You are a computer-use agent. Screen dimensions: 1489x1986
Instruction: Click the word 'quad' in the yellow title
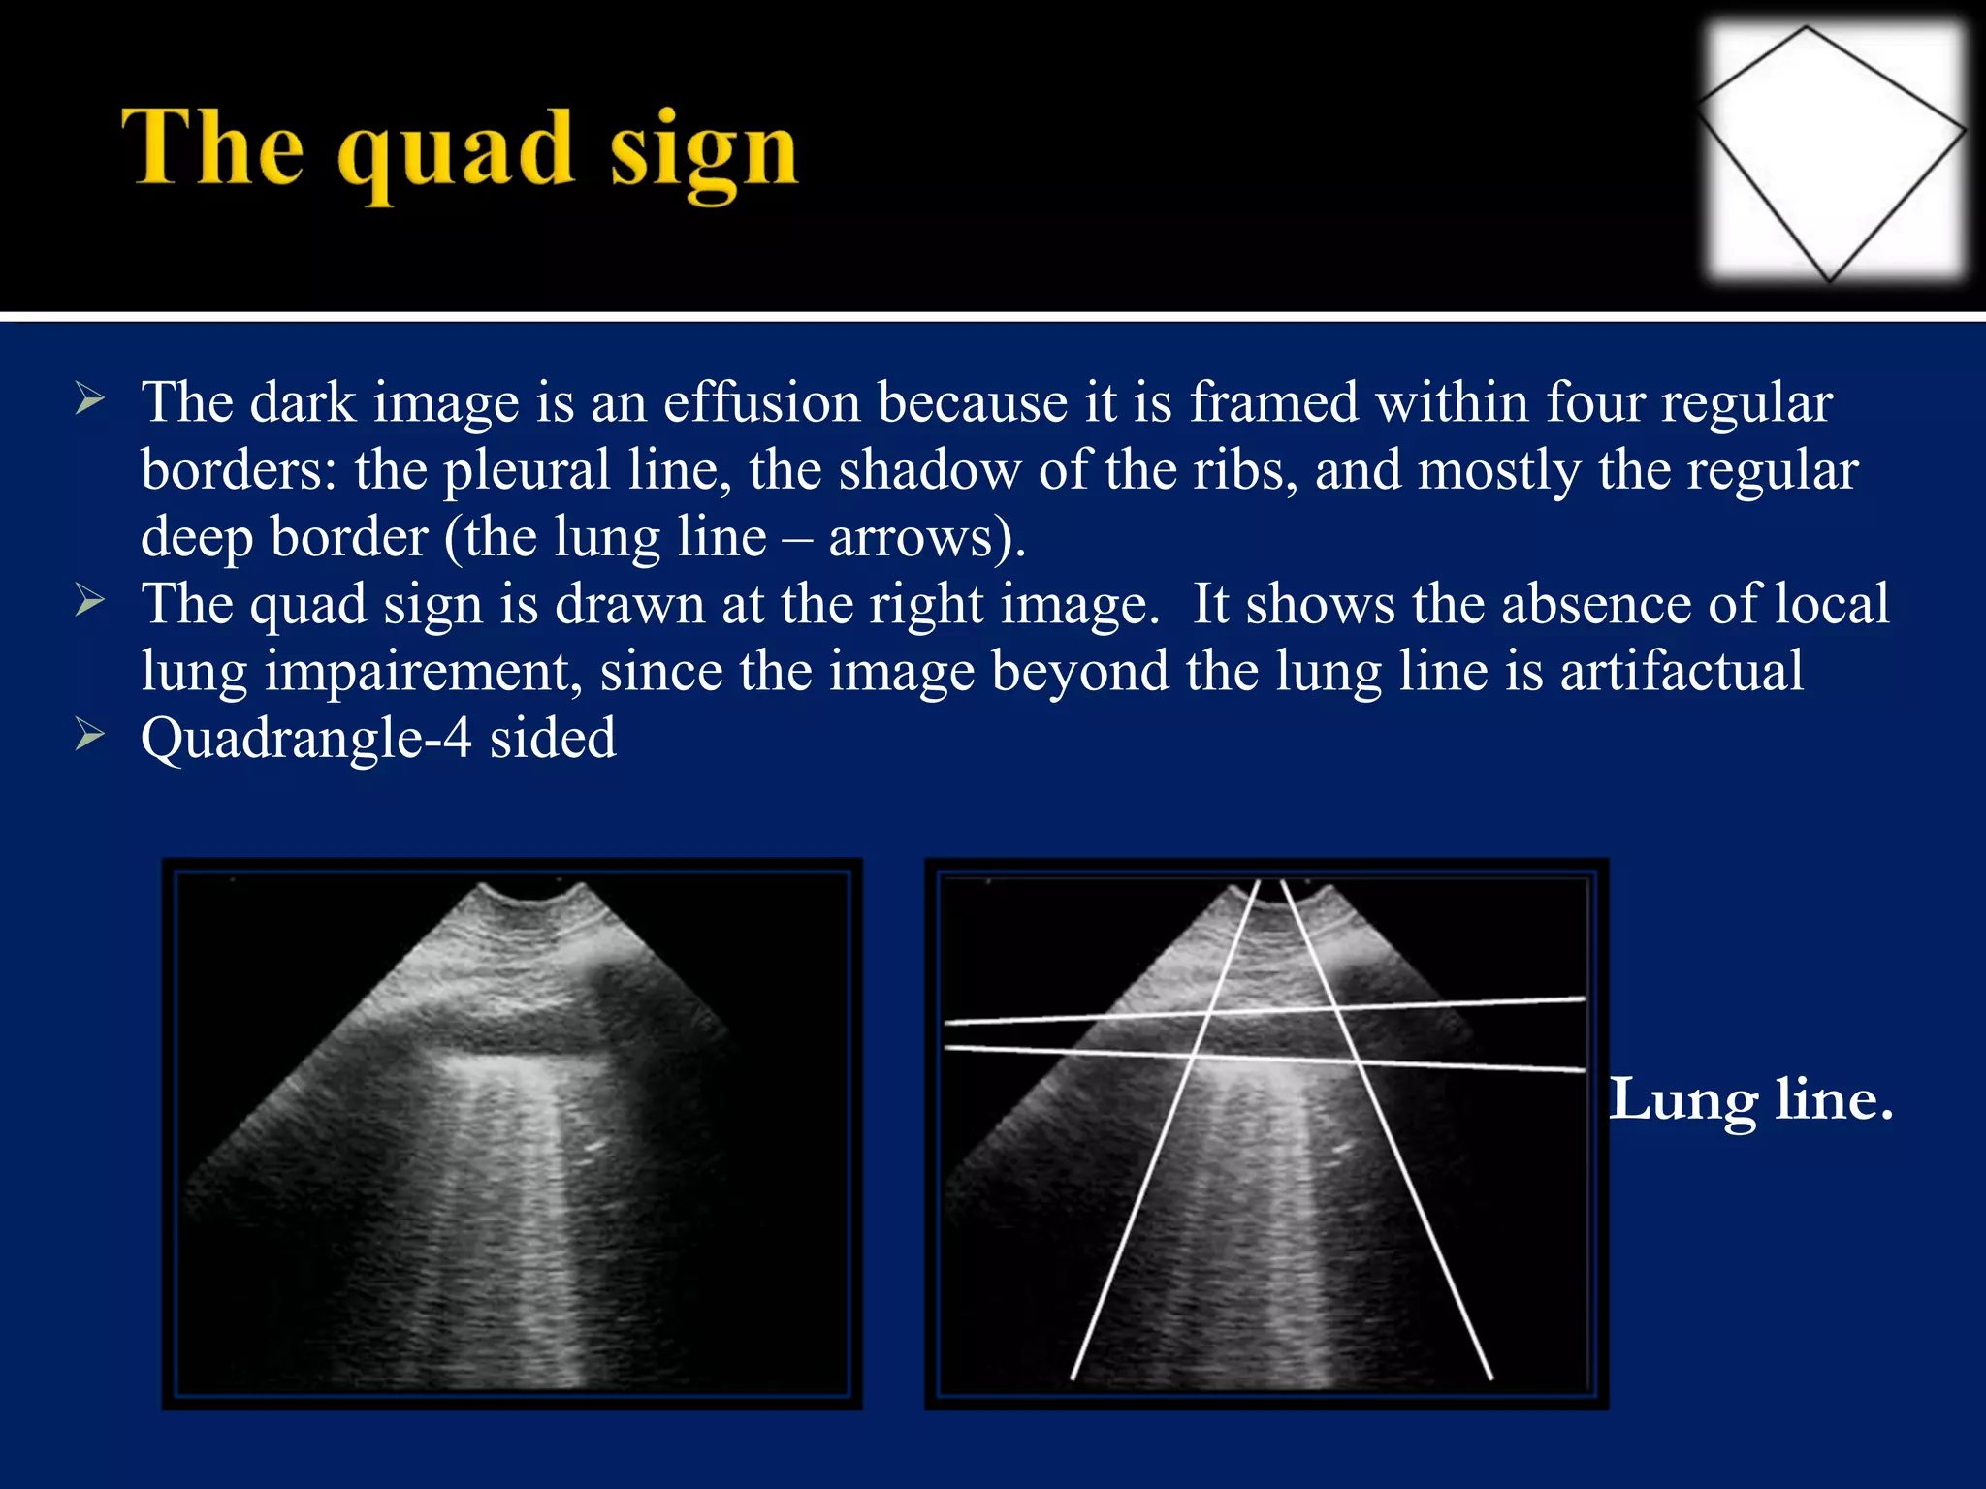point(455,153)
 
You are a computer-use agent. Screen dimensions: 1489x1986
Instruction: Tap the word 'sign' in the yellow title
point(703,153)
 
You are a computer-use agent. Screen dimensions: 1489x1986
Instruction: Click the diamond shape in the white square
point(1832,153)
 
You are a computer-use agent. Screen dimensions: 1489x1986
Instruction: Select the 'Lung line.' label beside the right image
point(1751,1100)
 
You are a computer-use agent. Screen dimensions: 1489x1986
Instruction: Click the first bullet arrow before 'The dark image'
point(89,399)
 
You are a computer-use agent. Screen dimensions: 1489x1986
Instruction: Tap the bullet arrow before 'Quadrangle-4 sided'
point(89,736)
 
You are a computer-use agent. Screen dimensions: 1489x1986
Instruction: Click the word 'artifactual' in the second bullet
point(1682,670)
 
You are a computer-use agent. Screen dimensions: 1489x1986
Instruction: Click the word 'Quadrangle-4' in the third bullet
point(306,739)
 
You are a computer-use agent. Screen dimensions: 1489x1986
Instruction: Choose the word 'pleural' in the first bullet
point(527,470)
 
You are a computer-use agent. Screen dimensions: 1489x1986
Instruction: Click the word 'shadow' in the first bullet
point(929,469)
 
